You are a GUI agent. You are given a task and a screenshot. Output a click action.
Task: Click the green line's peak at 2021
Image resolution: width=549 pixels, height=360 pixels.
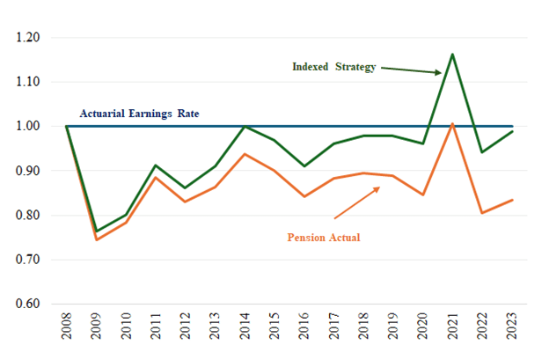(x=452, y=54)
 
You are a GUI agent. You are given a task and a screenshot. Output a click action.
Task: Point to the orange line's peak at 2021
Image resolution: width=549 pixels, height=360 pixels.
(x=452, y=124)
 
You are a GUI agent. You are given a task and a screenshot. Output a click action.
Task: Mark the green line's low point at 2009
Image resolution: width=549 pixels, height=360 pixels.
(x=96, y=231)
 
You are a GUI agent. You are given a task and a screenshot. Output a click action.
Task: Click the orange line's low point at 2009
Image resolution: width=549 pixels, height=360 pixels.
(x=96, y=239)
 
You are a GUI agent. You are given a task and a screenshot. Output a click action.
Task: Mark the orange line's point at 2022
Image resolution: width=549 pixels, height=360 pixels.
(x=482, y=213)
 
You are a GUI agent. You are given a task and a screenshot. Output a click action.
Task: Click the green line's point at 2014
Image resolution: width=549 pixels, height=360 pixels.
(x=245, y=127)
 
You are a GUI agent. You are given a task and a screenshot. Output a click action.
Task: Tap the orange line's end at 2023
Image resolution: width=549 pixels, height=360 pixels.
(x=512, y=200)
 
